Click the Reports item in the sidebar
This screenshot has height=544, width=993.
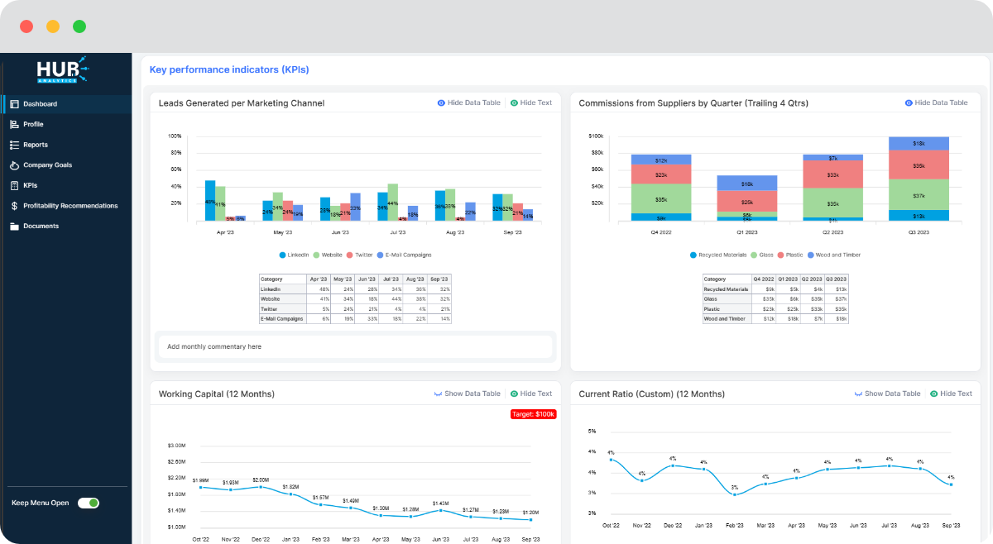35,145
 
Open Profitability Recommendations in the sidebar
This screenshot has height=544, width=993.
70,206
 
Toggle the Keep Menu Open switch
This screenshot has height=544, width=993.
89,503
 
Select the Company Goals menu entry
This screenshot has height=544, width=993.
47,165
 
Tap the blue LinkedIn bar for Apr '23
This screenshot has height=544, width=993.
210,200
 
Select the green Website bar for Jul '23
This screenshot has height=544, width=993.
393,202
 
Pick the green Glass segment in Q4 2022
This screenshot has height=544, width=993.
660,198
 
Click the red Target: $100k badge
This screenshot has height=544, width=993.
533,414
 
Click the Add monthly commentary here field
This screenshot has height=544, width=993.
356,346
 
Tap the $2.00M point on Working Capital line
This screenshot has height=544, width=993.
261,487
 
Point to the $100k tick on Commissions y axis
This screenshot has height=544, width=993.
596,136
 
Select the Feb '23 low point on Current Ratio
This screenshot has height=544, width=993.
734,494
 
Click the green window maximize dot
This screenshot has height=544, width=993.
79,26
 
